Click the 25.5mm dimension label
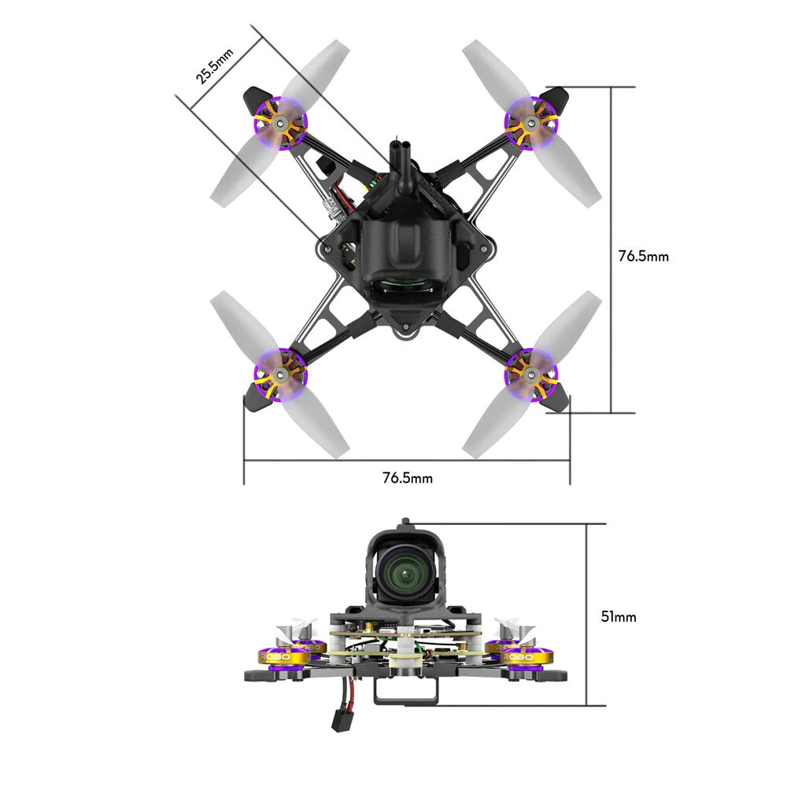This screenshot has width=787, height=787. (x=210, y=66)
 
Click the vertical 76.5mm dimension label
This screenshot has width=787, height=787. (x=643, y=256)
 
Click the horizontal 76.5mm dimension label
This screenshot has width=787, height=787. (x=407, y=478)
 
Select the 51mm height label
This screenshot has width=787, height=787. (x=618, y=617)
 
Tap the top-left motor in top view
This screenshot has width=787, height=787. (x=281, y=122)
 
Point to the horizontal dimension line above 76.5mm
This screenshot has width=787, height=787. (x=407, y=462)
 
